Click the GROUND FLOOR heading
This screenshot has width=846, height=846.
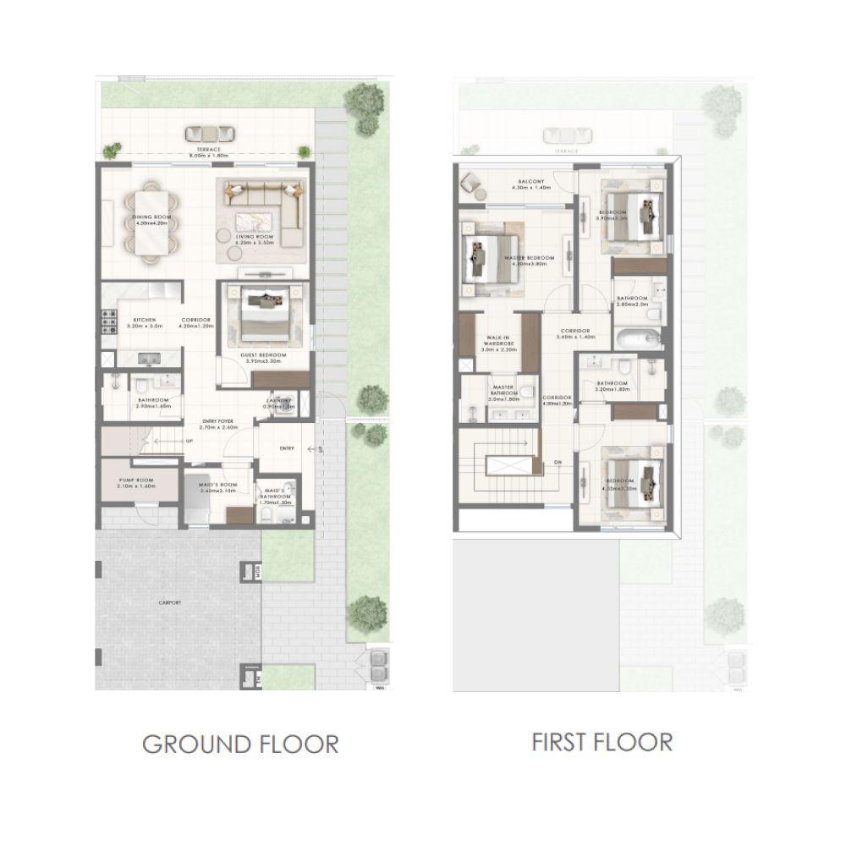240,744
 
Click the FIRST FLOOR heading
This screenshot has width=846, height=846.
602,742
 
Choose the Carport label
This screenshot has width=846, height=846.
169,602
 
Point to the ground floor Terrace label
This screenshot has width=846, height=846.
203,151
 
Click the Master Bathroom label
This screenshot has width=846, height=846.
504,390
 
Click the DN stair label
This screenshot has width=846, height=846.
557,463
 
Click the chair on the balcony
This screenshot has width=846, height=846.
470,183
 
